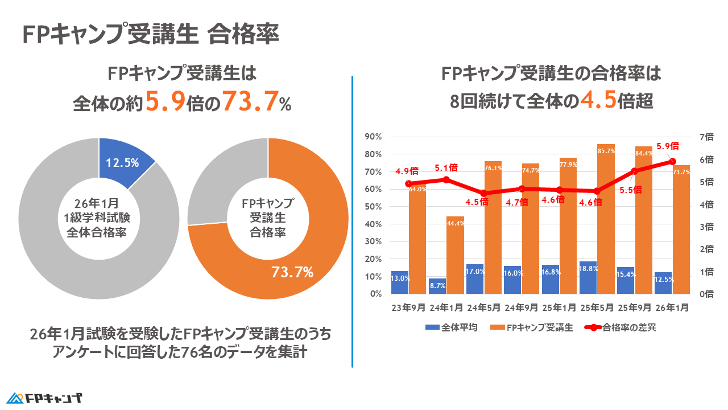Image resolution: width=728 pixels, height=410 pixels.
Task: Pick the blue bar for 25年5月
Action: [588, 277]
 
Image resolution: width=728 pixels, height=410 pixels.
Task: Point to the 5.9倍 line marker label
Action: [667, 146]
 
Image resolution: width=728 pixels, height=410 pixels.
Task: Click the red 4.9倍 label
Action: [407, 171]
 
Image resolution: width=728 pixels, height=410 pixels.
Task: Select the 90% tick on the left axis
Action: [373, 137]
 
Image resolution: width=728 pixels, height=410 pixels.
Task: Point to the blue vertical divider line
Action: [353, 222]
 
